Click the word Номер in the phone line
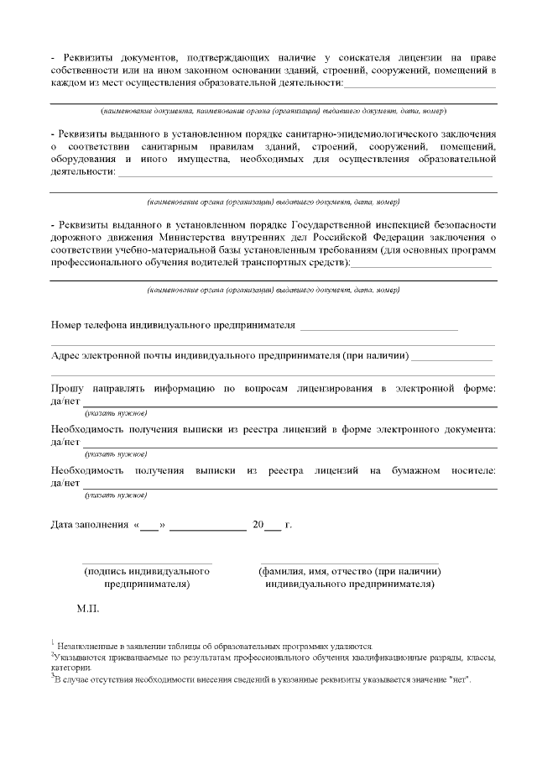coord(69,326)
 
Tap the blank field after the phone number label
coord(378,327)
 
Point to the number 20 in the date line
coord(258,526)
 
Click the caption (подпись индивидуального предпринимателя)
coord(147,577)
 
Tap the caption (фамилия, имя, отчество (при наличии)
coord(350,571)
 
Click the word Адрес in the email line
coord(65,355)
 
